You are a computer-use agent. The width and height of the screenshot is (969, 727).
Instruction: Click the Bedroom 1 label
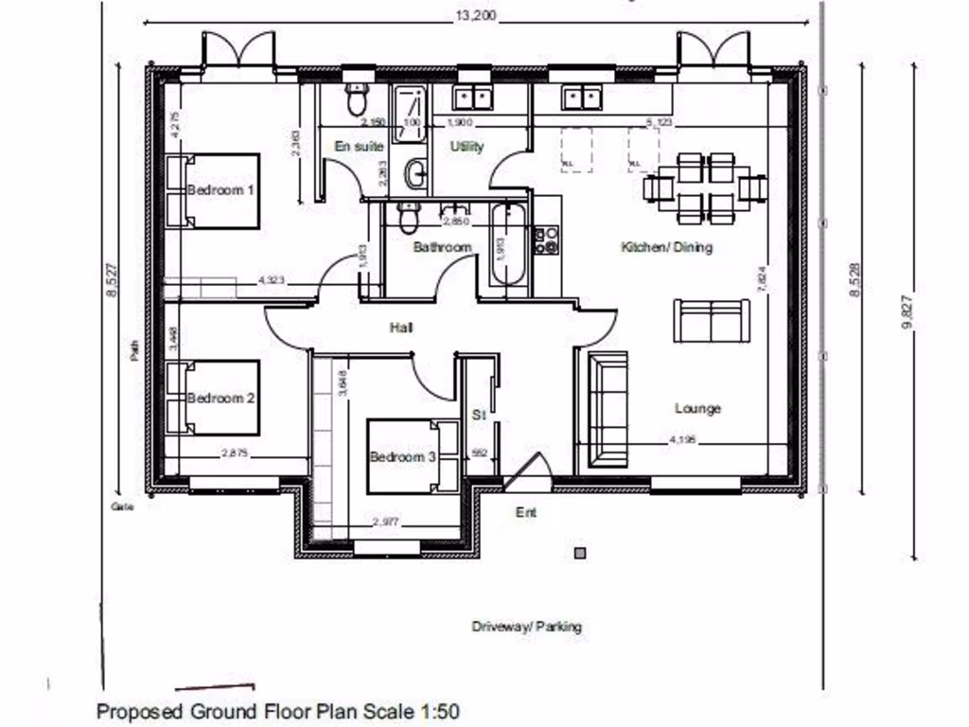(x=220, y=190)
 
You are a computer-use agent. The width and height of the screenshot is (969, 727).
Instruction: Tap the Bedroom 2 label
(x=220, y=399)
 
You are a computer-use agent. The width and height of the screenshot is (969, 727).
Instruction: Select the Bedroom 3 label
(x=402, y=457)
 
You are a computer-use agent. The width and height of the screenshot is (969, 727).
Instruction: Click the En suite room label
(x=359, y=147)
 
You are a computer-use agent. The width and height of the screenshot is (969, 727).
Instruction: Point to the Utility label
(x=467, y=147)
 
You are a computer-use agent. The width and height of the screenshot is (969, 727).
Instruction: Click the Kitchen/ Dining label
(x=666, y=247)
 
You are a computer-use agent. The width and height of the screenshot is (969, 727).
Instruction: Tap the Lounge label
(x=697, y=409)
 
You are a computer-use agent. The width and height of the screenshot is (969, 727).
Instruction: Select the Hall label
(x=401, y=328)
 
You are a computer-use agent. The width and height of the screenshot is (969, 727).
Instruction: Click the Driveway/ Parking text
(x=527, y=627)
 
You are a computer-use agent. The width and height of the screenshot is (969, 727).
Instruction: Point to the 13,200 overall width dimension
(x=476, y=16)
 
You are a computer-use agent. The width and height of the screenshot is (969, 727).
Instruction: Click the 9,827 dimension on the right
(x=909, y=312)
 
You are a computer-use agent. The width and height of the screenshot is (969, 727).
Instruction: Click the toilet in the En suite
(x=357, y=98)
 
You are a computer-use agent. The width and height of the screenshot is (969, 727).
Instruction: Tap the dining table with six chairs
(x=706, y=188)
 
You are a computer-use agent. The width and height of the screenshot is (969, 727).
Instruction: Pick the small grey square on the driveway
(x=580, y=553)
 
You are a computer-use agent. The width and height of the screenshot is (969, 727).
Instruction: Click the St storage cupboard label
(x=478, y=416)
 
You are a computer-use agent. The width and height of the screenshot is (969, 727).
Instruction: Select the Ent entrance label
(x=525, y=513)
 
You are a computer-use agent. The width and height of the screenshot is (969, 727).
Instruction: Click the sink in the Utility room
(x=470, y=97)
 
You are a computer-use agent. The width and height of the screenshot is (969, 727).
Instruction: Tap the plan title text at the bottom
(x=278, y=711)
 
